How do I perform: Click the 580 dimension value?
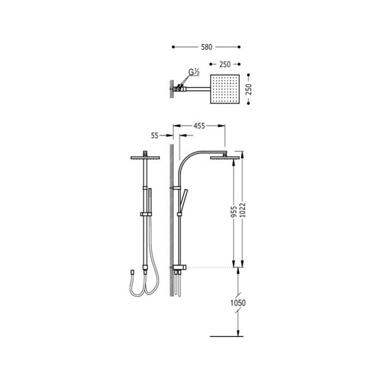point(207,47)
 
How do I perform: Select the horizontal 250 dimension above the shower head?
point(225,64)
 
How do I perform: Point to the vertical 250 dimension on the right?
point(248,89)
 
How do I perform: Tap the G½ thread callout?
point(194,72)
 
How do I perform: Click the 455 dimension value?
point(199,126)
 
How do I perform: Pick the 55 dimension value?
point(155,136)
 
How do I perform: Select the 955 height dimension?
point(234,212)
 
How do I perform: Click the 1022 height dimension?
point(243,210)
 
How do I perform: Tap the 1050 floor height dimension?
point(238,303)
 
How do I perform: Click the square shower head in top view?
point(225,89)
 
